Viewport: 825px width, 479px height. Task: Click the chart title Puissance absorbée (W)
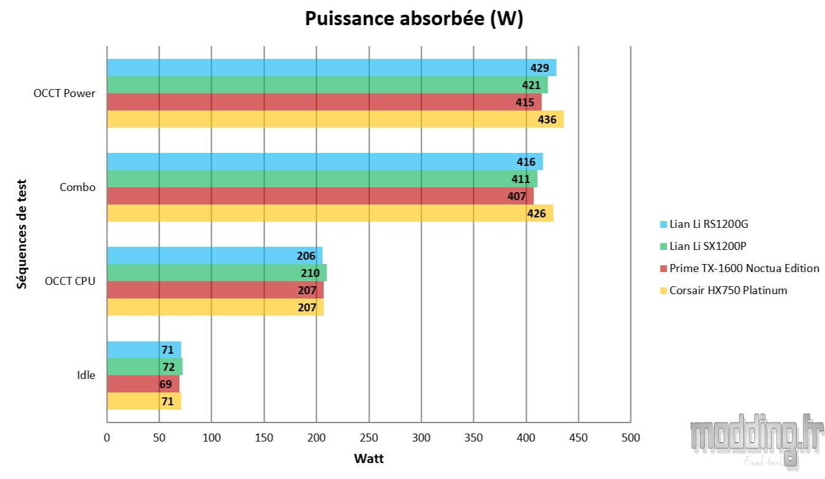tap(414, 19)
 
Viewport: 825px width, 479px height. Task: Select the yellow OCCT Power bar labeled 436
tap(335, 119)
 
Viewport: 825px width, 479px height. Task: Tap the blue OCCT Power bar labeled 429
tap(331, 68)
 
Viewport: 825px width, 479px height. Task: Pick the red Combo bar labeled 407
tap(320, 196)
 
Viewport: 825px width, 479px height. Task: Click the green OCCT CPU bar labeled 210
tap(217, 273)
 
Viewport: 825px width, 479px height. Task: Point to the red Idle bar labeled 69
tap(143, 384)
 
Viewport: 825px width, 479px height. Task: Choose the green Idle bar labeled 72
tap(144, 367)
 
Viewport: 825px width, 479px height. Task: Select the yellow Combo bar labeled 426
tap(330, 213)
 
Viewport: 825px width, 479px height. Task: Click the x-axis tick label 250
tap(369, 438)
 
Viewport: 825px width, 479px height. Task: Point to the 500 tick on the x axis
tap(630, 438)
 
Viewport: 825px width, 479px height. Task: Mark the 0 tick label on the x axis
tap(107, 438)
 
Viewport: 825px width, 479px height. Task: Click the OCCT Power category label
tap(64, 93)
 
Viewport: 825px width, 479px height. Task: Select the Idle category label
tap(86, 375)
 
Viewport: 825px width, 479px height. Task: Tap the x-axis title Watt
tap(369, 458)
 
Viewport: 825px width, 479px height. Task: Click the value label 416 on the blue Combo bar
tap(525, 162)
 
